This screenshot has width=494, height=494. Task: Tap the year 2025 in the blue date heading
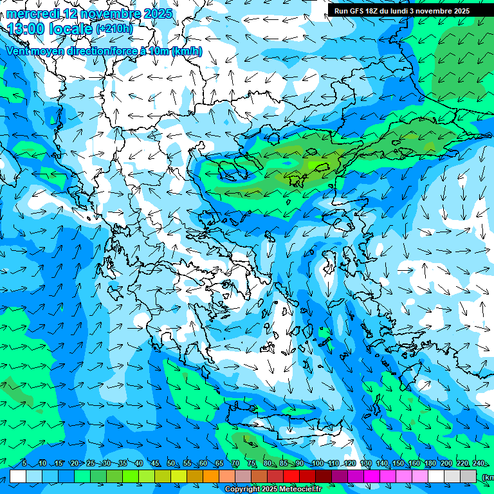click(156, 14)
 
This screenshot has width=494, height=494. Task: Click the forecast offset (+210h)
click(114, 29)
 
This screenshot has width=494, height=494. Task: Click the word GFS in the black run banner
click(361, 11)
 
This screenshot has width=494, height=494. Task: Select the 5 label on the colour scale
click(24, 464)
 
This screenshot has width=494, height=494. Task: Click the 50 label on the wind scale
click(170, 464)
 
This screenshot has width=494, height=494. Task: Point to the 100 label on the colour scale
click(317, 464)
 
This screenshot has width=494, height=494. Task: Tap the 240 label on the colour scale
click(479, 464)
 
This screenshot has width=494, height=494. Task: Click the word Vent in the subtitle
click(19, 51)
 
